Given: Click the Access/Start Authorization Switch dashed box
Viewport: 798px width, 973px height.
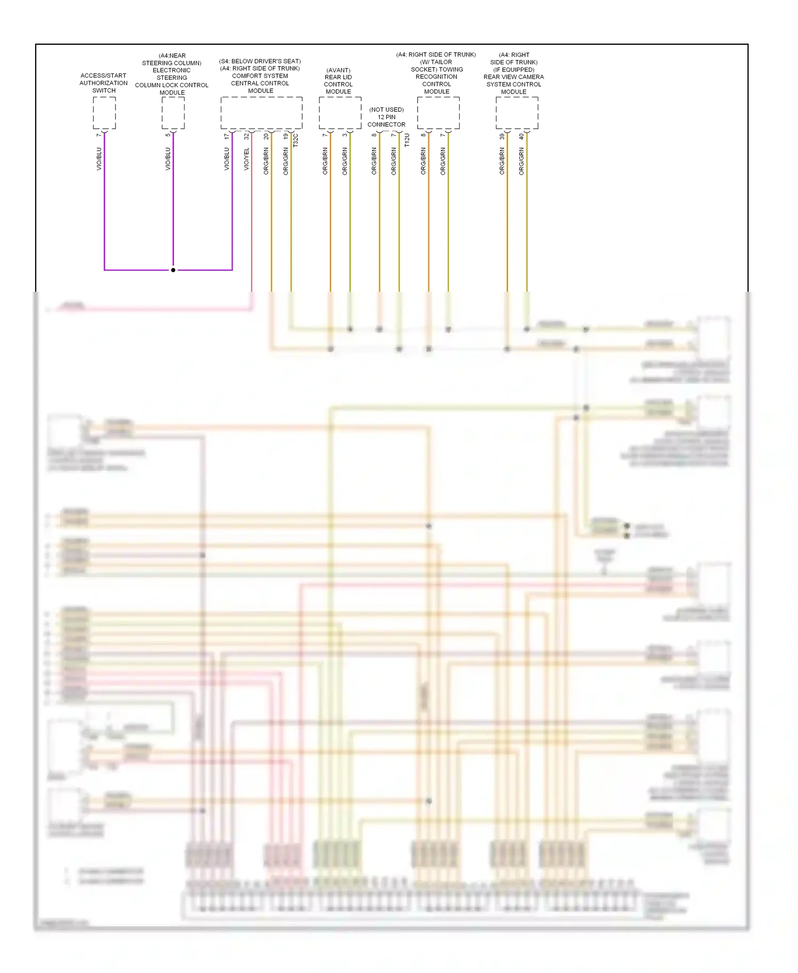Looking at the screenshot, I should [x=104, y=113].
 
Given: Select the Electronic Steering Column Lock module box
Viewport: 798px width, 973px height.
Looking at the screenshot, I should [x=173, y=113].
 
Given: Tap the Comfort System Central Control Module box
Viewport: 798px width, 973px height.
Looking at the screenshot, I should [x=261, y=113].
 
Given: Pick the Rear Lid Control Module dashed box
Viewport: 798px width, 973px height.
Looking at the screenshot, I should [x=340, y=113].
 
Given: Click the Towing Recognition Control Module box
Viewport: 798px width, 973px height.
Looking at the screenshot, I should [x=438, y=113].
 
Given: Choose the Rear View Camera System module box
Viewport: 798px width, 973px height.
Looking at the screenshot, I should [x=517, y=113].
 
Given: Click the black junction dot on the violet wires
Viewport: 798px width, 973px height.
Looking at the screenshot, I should [x=173, y=270].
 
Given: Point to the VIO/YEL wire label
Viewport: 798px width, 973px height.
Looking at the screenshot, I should [x=246, y=159].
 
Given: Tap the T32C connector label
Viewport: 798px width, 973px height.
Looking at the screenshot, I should [x=296, y=141].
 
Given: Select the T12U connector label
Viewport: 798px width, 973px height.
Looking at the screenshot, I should [x=407, y=141].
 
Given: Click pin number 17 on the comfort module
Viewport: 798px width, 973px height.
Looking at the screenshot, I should [x=227, y=136].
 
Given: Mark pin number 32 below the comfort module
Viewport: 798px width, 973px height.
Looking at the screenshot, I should [x=246, y=136].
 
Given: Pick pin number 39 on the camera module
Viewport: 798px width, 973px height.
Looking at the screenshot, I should [x=502, y=136].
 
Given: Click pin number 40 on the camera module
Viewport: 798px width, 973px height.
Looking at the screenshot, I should [x=521, y=136].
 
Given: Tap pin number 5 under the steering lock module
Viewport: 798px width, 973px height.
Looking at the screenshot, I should [x=168, y=135].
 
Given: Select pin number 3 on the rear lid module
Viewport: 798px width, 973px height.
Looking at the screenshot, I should [x=345, y=135].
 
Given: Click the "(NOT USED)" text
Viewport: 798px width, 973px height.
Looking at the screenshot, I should [x=386, y=110].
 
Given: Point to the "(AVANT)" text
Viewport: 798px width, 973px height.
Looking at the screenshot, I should [x=338, y=70].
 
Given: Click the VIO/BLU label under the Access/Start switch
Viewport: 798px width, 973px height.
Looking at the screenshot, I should [x=99, y=159].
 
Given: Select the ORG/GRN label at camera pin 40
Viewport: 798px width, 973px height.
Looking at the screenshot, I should [x=521, y=161].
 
